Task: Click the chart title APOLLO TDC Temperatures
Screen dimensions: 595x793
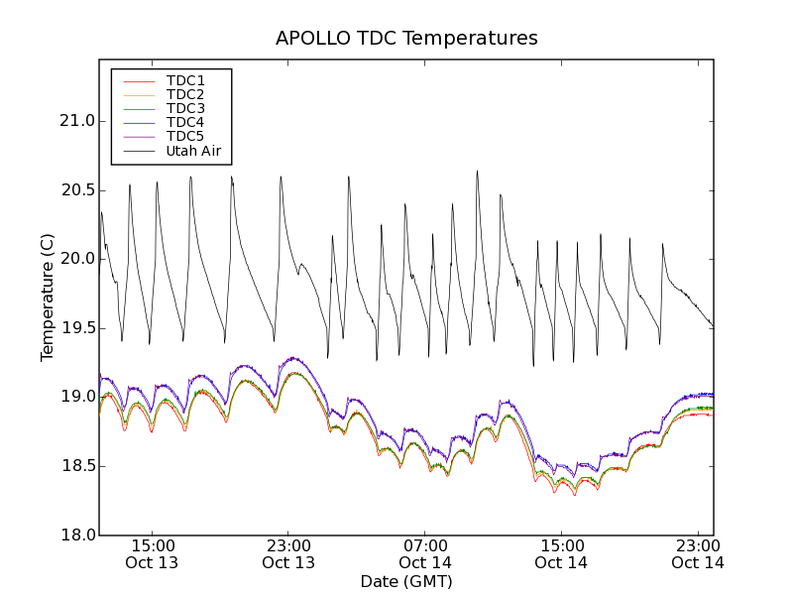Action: pos(406,39)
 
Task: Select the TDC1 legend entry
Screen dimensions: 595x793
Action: pos(185,80)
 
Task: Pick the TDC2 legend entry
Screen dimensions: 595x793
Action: pos(185,94)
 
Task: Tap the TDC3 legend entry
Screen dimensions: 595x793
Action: pos(185,108)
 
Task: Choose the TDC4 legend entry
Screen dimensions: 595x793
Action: pos(185,122)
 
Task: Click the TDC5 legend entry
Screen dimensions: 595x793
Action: pos(185,136)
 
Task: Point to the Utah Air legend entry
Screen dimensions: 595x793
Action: pos(193,151)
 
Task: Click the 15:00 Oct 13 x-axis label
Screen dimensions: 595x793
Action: pos(153,554)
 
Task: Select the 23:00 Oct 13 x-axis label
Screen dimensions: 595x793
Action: pos(288,554)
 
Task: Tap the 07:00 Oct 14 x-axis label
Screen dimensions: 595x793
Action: pos(425,554)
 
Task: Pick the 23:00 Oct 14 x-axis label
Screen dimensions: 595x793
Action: pos(697,554)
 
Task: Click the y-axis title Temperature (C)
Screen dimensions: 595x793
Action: pos(48,297)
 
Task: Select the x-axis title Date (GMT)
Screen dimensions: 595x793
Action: pos(406,582)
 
